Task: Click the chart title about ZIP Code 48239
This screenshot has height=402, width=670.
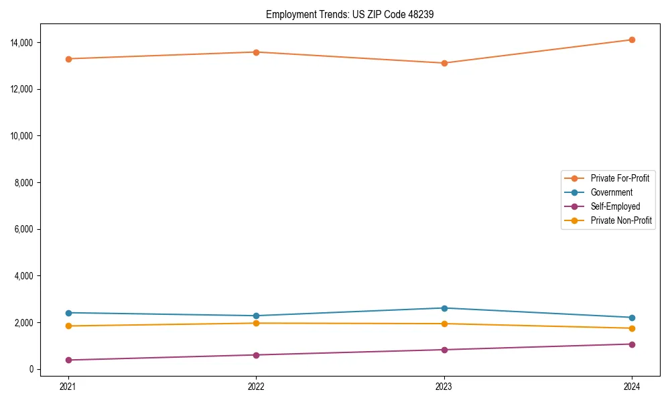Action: (350, 14)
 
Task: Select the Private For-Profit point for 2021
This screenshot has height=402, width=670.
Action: (68, 59)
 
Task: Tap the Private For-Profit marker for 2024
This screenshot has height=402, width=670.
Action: (631, 40)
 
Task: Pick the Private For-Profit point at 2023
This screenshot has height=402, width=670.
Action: (444, 63)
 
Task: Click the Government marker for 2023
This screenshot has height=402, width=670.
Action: (444, 308)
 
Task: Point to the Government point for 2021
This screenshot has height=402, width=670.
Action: (68, 313)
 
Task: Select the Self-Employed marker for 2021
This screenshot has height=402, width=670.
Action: (68, 360)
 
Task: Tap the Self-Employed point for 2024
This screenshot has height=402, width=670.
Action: (631, 344)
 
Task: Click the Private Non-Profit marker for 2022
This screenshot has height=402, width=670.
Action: (256, 323)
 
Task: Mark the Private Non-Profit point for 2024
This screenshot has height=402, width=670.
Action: (631, 328)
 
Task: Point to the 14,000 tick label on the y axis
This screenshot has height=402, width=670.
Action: (23, 43)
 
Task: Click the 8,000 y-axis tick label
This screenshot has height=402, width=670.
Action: (25, 182)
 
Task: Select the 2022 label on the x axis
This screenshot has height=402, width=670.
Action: (256, 386)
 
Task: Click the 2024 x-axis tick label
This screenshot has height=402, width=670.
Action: (631, 386)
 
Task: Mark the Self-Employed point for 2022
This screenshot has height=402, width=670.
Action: (256, 355)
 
